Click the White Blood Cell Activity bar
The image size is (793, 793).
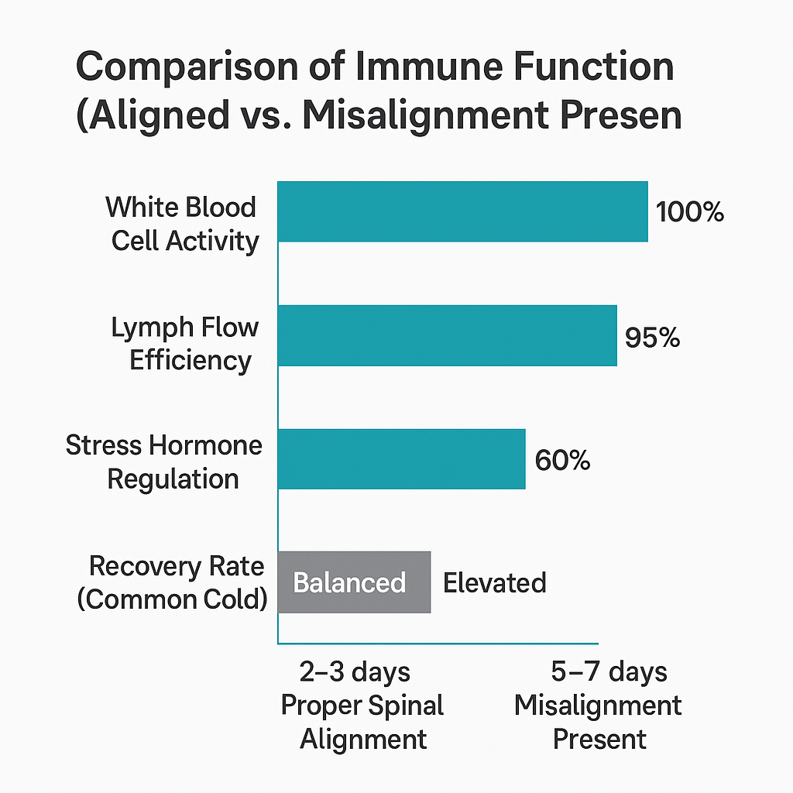(x=462, y=211)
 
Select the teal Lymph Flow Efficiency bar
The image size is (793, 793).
(x=447, y=335)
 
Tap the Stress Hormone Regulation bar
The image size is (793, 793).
(x=401, y=458)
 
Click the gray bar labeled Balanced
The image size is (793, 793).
(x=354, y=582)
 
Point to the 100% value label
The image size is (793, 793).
(x=689, y=212)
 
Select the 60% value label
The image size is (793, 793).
(x=562, y=460)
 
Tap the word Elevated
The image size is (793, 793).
(x=494, y=582)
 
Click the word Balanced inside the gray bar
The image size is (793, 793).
(x=349, y=582)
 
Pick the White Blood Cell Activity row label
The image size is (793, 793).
(x=183, y=224)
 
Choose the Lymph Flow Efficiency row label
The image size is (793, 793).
(x=186, y=344)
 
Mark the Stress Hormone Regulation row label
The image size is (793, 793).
(x=165, y=462)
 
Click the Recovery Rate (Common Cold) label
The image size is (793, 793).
(x=173, y=582)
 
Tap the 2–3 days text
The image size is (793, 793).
(x=355, y=671)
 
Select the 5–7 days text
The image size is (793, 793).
(x=609, y=671)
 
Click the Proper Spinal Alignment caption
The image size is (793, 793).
(x=362, y=722)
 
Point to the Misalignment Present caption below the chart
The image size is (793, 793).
(x=599, y=722)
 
